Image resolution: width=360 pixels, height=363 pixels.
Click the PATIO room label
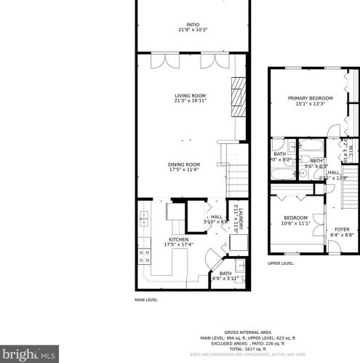(x=193, y=24)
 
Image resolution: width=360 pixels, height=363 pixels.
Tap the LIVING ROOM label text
(x=190, y=95)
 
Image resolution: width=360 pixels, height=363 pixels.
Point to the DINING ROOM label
(x=184, y=164)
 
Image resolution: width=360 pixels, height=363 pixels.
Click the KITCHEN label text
(x=179, y=239)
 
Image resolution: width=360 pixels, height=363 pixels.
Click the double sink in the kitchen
(x=144, y=217)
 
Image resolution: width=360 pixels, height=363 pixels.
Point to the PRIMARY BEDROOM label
(x=310, y=98)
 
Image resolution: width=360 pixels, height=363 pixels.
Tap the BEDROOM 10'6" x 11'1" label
(x=295, y=218)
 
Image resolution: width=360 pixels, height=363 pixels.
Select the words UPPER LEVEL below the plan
(x=280, y=263)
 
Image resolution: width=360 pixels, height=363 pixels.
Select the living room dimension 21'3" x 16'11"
(x=190, y=101)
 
